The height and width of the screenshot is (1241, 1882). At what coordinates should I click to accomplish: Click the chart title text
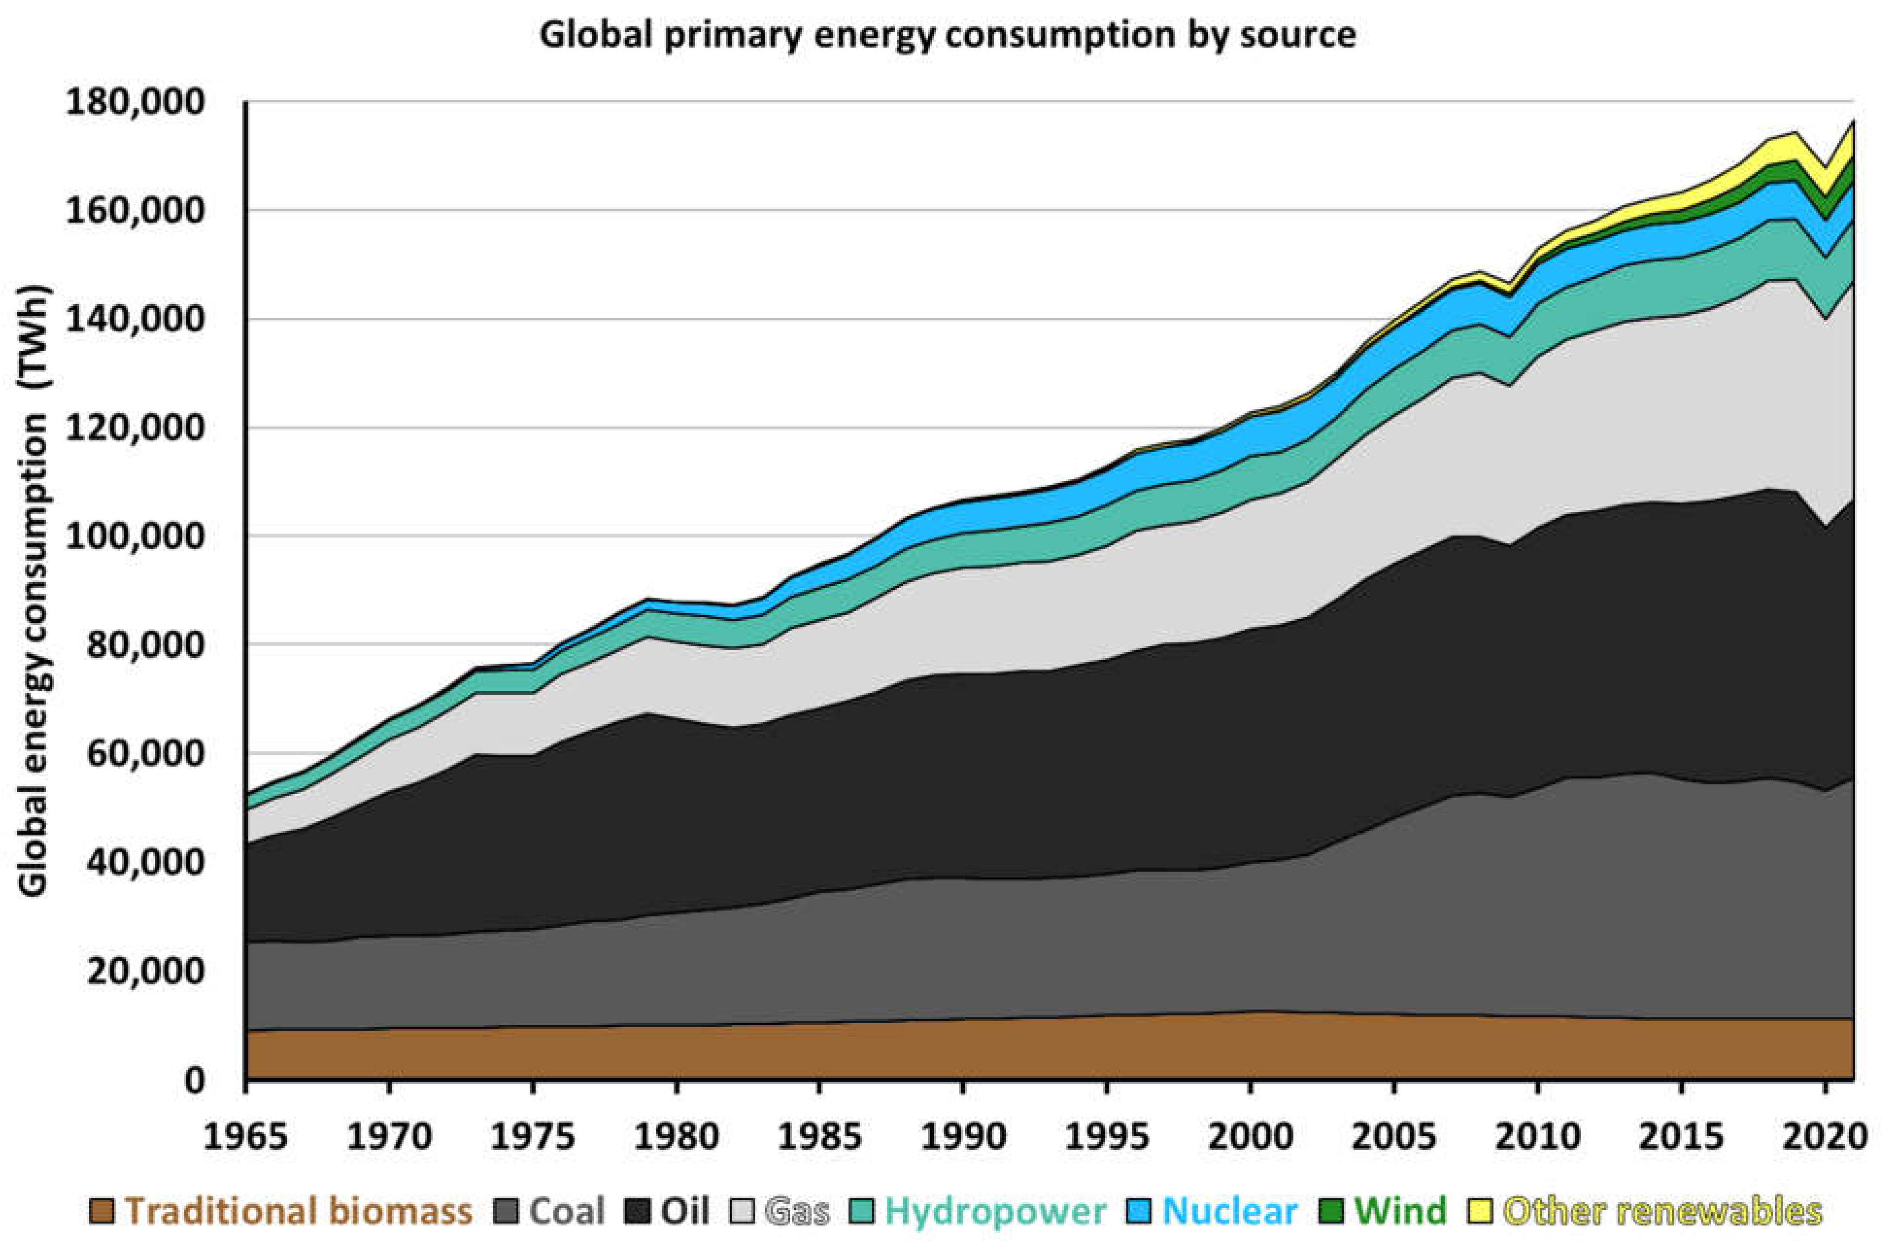[947, 35]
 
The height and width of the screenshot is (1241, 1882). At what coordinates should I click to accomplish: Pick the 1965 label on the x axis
[246, 1137]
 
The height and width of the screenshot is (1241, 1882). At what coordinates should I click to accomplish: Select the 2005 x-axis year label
[1394, 1137]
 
